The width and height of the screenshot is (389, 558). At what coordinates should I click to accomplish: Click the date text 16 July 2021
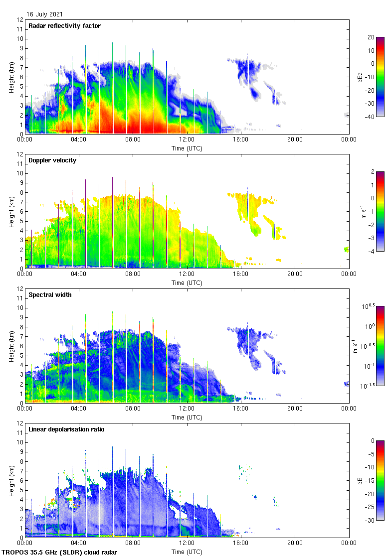pos(45,14)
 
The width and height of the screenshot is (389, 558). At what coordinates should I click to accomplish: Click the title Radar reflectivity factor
pos(65,26)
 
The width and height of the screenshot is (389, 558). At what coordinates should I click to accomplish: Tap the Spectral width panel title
pos(51,295)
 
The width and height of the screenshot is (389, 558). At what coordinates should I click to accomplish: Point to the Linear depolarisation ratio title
pos(66,429)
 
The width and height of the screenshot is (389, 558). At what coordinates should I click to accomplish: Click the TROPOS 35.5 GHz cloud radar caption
pos(60,553)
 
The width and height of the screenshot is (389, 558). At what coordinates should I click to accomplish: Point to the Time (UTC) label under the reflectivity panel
pos(187,148)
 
